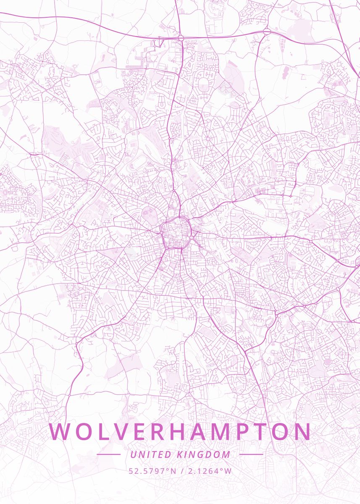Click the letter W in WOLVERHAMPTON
(x=60, y=432)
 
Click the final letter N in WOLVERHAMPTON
(x=302, y=432)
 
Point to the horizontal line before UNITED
(x=108, y=454)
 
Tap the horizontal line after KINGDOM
(x=251, y=454)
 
